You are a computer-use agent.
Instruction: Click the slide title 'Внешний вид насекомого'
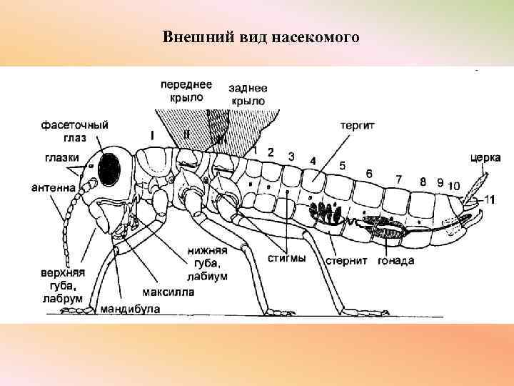point(260,36)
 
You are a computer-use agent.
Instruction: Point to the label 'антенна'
point(54,189)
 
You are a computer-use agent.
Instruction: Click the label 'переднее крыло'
point(186,90)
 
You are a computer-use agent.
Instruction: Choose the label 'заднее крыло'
point(248,94)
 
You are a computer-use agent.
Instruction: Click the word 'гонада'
point(396,260)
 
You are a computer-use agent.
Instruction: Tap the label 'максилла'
point(166,292)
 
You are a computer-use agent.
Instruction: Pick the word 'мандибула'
point(130,309)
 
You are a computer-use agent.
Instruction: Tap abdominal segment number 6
point(368,174)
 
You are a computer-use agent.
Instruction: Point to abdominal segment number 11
point(488,199)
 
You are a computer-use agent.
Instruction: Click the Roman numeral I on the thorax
point(152,134)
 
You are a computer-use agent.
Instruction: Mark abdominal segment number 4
point(313,161)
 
